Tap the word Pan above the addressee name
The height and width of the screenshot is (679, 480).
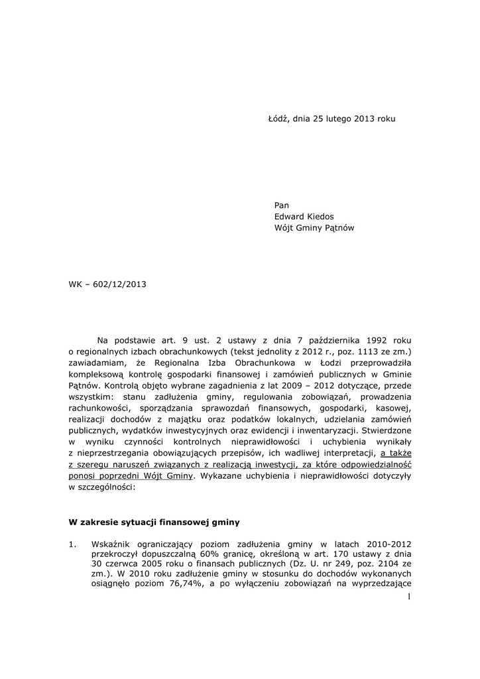282,205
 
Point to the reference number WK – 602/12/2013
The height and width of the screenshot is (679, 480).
107,284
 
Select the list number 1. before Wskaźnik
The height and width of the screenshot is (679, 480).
73,544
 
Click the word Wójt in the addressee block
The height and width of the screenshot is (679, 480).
284,227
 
